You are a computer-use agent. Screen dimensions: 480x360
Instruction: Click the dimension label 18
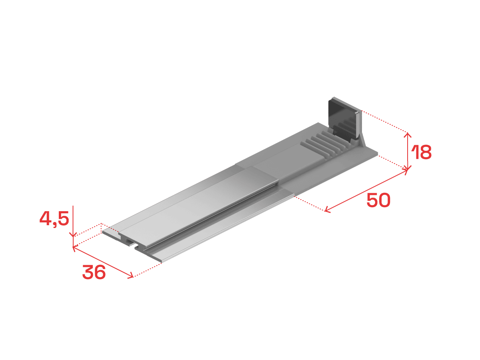click(x=421, y=152)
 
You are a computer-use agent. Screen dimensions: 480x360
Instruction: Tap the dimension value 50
click(x=378, y=200)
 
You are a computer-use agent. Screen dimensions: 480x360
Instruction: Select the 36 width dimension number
click(x=94, y=272)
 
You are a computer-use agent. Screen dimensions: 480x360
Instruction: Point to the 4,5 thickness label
click(x=54, y=218)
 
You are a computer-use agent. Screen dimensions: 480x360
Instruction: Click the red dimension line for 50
click(x=366, y=191)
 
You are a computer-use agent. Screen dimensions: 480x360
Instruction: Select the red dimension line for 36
click(x=103, y=262)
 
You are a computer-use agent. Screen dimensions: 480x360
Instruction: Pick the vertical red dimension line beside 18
click(x=407, y=151)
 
